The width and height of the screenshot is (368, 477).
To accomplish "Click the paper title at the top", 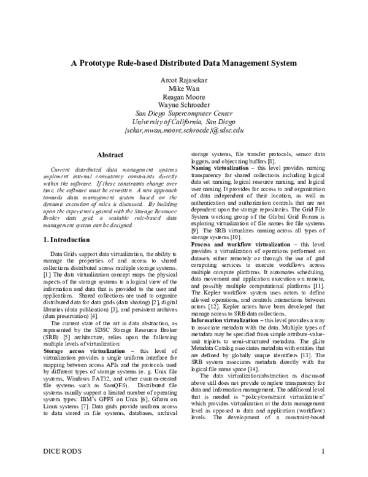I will [x=184, y=63].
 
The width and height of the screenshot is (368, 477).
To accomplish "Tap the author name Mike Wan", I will [x=184, y=89].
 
